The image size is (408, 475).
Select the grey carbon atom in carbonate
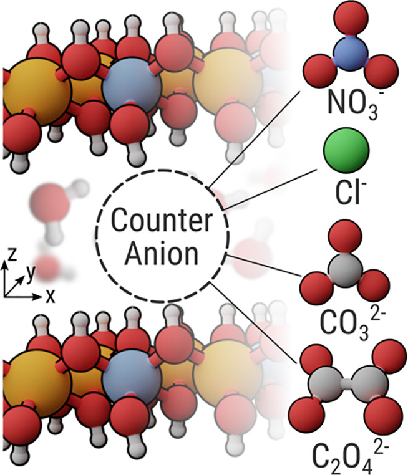tap(346, 269)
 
